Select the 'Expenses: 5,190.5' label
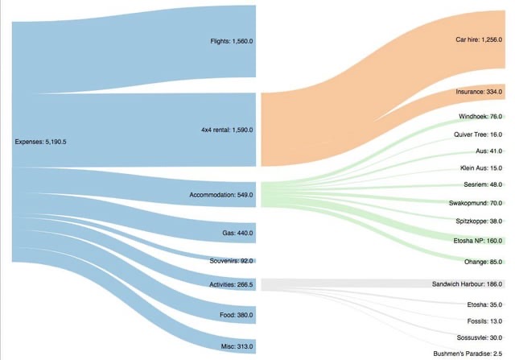(x=40, y=142)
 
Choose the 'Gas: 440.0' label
(x=237, y=234)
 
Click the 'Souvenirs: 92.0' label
(x=231, y=261)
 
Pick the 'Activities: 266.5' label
(x=231, y=284)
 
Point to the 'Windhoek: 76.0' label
(x=480, y=117)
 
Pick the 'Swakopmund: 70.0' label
(x=476, y=204)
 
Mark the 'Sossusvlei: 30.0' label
(x=478, y=338)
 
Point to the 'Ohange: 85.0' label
(x=483, y=261)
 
